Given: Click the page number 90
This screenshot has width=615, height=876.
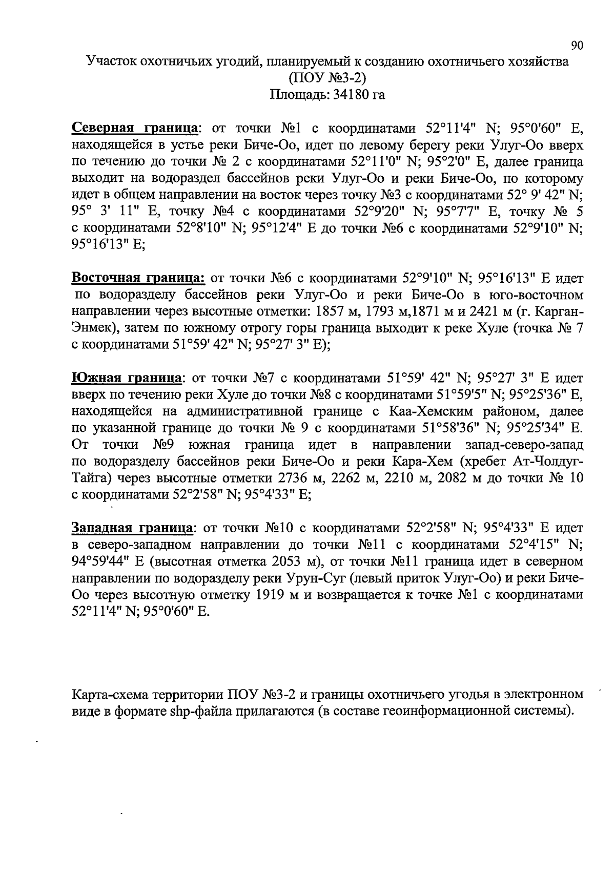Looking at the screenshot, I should pos(577,46).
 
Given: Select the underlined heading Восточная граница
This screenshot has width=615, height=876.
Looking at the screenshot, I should pos(138,278).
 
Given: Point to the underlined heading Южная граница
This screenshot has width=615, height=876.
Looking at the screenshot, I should pos(127,379).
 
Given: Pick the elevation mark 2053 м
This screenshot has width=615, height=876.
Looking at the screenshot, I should pos(292,561).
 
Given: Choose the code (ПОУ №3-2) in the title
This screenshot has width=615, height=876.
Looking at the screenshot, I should pos(327,78).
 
